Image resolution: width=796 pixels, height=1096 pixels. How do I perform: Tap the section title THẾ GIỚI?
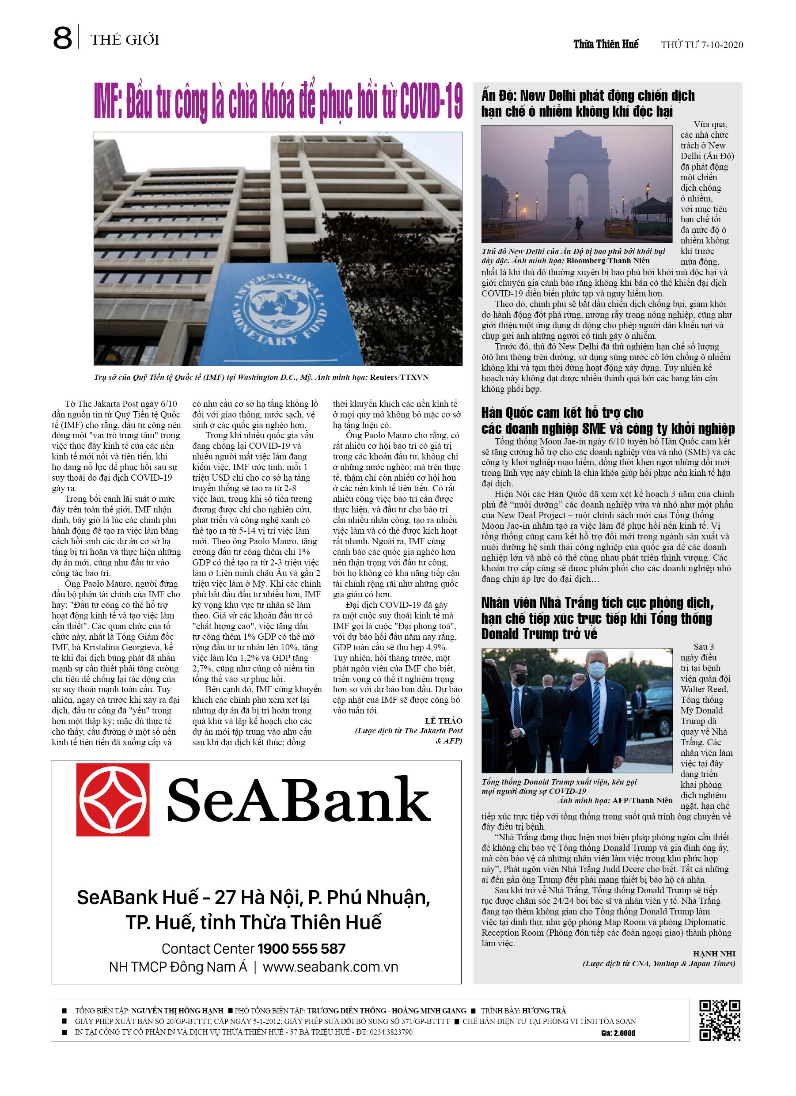[125, 40]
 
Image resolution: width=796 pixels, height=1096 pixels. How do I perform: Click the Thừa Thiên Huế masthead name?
[606, 45]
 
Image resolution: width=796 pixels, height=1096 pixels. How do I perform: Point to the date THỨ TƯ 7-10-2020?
[702, 45]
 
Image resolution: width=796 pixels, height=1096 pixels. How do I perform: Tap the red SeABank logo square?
[113, 800]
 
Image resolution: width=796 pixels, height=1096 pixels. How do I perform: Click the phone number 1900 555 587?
[302, 948]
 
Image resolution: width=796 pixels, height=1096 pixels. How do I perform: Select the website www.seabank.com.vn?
[330, 967]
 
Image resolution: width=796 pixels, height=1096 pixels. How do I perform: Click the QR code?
[720, 1020]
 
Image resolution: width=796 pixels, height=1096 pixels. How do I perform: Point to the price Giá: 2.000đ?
[618, 1033]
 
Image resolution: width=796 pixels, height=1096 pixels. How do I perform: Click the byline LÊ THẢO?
[443, 721]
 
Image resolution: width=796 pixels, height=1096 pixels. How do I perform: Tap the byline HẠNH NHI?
[714, 953]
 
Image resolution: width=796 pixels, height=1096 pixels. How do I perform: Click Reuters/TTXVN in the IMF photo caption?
[399, 377]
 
